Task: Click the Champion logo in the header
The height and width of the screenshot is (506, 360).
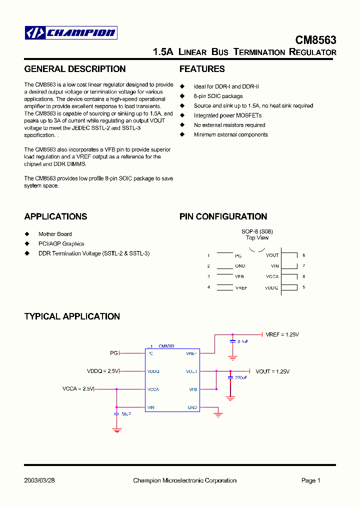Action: click(71, 33)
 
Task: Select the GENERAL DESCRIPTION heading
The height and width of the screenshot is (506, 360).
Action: click(75, 69)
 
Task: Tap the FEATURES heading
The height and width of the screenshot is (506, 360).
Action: click(202, 69)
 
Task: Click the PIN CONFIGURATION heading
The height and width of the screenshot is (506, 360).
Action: click(223, 216)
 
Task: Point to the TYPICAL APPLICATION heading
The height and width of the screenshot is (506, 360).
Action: click(72, 316)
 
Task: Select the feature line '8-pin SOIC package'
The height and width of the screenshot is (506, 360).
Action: click(218, 96)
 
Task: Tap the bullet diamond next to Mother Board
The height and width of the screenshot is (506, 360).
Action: click(27, 234)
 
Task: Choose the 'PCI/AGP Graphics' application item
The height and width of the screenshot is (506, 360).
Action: click(61, 243)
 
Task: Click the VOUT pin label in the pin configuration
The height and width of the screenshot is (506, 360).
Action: click(272, 255)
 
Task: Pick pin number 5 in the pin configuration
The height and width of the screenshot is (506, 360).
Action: click(303, 287)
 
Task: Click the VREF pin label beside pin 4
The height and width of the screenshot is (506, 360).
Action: click(241, 288)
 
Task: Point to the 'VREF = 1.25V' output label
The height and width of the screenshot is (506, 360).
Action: click(282, 334)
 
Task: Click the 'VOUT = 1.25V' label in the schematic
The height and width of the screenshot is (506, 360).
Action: click(272, 371)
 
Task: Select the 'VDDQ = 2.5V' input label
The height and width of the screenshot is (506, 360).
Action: click(102, 371)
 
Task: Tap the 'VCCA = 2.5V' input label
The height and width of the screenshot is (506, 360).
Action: click(78, 388)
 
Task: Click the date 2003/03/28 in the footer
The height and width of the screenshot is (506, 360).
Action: click(39, 480)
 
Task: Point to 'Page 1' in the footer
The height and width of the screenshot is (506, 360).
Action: click(310, 480)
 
